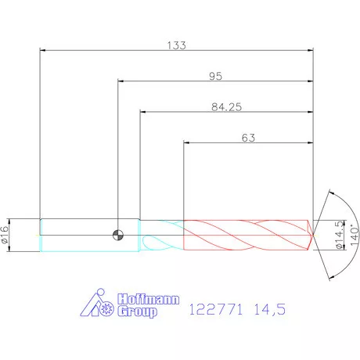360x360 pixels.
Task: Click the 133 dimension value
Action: tap(176, 45)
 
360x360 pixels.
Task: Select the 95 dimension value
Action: tap(215, 76)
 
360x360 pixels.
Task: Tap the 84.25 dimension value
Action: tap(226, 107)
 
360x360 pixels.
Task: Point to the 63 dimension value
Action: tap(248, 138)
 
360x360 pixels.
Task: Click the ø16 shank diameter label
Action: tap(5, 235)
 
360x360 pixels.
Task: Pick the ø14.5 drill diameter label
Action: tap(340, 235)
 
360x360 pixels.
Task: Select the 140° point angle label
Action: tap(355, 235)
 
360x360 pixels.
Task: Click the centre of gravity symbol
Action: tap(118, 235)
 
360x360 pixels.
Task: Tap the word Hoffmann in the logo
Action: tap(148, 299)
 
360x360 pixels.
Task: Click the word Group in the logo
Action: tap(137, 311)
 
